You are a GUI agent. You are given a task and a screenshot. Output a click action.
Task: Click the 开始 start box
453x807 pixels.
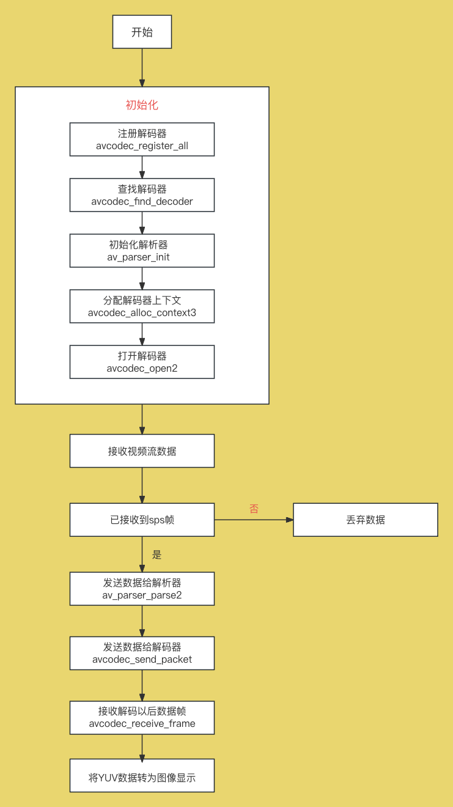tap(142, 32)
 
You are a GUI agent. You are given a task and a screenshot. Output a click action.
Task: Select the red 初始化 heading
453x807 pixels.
tap(142, 105)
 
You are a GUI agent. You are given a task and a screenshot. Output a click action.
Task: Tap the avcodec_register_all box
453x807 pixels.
tap(142, 139)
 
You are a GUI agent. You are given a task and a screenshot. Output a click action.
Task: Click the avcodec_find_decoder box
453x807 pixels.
tap(142, 195)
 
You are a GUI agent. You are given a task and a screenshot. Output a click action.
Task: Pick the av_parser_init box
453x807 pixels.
tap(142, 251)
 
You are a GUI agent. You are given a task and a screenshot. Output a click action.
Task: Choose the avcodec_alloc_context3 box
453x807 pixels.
tap(142, 306)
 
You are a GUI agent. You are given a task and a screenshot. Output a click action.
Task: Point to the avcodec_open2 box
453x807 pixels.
tap(142, 362)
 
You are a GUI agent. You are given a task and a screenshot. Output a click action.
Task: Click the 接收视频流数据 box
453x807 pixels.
tap(142, 451)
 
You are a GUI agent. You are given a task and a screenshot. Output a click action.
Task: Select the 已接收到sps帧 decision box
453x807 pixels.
tap(142, 520)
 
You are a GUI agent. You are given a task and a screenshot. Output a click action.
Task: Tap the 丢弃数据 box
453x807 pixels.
tap(366, 520)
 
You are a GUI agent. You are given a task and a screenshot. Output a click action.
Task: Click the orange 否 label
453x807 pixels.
tap(254, 509)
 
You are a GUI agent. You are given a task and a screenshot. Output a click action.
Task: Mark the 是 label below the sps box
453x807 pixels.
tap(157, 555)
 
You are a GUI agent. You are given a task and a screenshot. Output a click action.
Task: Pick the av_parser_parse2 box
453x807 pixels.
tap(142, 589)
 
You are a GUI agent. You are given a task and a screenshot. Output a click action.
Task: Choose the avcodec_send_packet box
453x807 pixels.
tap(142, 653)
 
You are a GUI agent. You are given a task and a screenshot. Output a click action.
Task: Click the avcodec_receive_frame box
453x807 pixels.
tap(142, 718)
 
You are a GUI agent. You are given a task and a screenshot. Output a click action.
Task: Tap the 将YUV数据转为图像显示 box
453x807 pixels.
tap(142, 776)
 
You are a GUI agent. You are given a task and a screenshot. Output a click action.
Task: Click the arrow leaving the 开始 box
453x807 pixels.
tap(142, 67)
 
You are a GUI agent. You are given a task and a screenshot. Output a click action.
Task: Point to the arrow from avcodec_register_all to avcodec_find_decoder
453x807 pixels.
tap(142, 167)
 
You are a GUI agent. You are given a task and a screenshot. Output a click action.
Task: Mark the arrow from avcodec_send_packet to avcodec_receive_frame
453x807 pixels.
tap(142, 685)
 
